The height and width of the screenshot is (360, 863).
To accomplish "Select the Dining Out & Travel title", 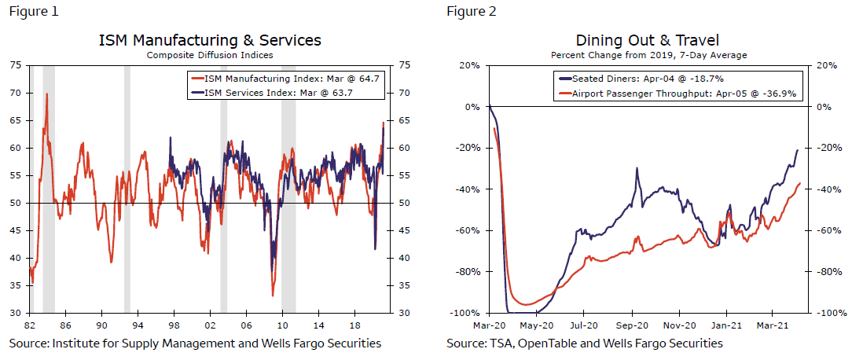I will pyautogui.click(x=648, y=40).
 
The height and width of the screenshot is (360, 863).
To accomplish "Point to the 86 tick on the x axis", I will pyautogui.click(x=65, y=323).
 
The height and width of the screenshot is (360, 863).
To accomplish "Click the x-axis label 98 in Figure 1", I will pyautogui.click(x=174, y=323).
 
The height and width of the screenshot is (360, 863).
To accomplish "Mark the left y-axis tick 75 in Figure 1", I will pyautogui.click(x=16, y=65).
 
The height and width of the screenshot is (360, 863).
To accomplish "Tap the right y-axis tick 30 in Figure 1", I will pyautogui.click(x=406, y=314).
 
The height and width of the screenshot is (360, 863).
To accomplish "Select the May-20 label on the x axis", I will pyautogui.click(x=538, y=323).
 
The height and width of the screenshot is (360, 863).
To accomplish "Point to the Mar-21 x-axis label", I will pyautogui.click(x=773, y=323).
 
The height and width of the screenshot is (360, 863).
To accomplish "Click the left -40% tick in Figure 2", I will pyautogui.click(x=468, y=189).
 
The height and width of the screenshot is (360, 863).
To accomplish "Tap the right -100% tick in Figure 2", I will pyautogui.click(x=830, y=314).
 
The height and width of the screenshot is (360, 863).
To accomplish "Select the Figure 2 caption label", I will pyautogui.click(x=472, y=12).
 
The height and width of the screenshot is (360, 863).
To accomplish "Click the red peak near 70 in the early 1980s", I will pyautogui.click(x=46, y=94).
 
